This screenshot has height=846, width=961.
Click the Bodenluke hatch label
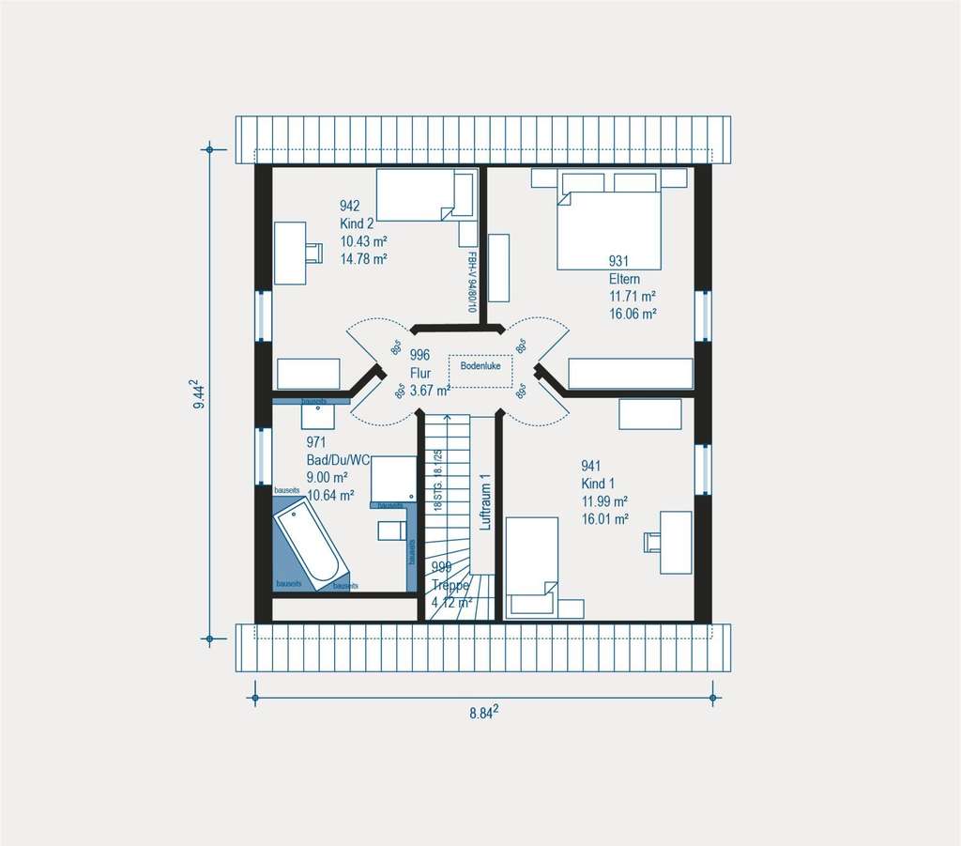pyautogui.click(x=480, y=364)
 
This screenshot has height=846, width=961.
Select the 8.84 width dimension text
pyautogui.click(x=483, y=713)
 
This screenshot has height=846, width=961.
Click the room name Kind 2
pyautogui.click(x=357, y=223)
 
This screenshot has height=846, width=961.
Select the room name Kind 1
pyautogui.click(x=598, y=483)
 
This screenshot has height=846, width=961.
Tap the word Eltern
pyautogui.click(x=626, y=279)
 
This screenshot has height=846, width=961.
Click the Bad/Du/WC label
pyautogui.click(x=337, y=459)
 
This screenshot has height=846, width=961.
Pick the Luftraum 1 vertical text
pyautogui.click(x=485, y=501)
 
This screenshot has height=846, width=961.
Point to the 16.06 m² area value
pyautogui.click(x=633, y=314)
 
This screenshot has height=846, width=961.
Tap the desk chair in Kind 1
pyautogui.click(x=651, y=541)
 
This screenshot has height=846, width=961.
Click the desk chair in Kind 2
pyautogui.click(x=313, y=252)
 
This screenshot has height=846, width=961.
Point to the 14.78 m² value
pyautogui.click(x=363, y=258)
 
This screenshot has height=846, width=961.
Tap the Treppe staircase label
pyautogui.click(x=451, y=584)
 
